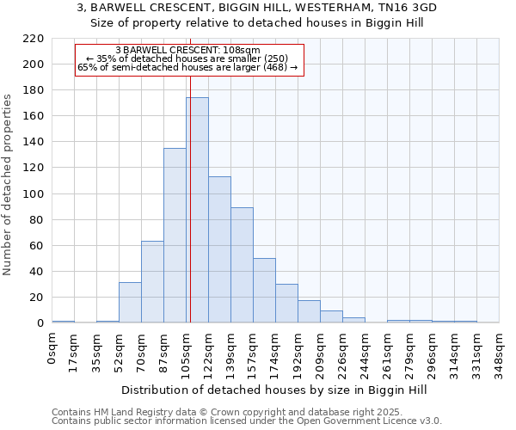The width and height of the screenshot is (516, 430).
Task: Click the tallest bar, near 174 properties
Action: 197,211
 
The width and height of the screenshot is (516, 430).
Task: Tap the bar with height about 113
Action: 219,249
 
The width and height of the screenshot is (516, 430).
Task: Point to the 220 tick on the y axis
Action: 34,39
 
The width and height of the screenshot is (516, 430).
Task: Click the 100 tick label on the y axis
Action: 34,194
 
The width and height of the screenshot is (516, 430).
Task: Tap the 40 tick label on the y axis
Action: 37,272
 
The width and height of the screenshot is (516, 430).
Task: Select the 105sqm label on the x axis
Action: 186,351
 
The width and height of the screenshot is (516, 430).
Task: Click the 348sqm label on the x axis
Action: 499,351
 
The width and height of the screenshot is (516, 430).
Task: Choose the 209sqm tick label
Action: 320,351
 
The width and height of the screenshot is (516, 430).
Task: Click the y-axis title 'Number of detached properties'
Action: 9,185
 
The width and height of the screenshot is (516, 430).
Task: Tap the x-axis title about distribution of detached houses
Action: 274,390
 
